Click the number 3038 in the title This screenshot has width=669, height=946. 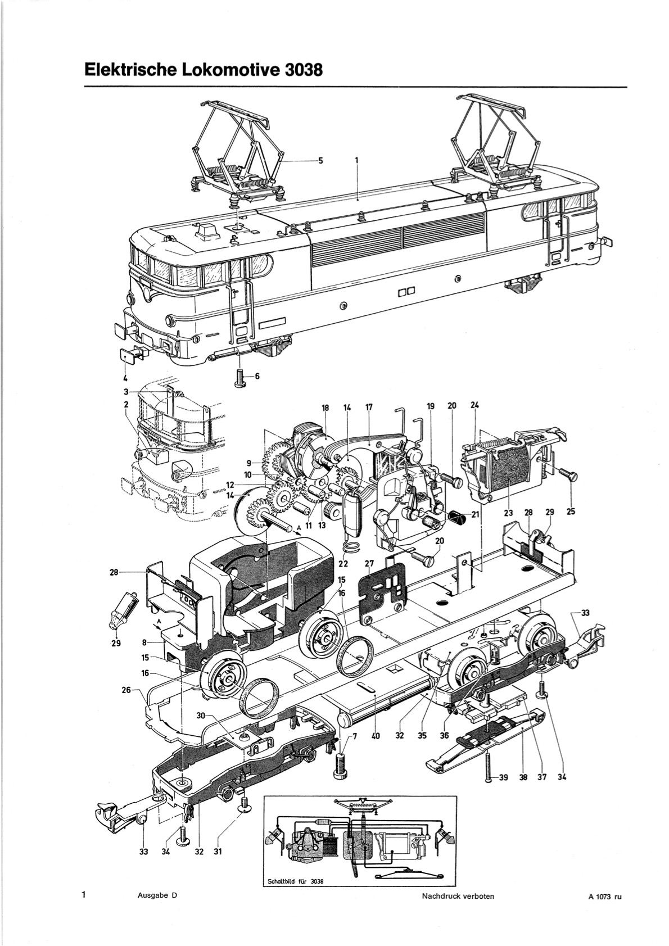[298, 69]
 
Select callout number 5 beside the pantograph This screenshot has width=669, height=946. [320, 161]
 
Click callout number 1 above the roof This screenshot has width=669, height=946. [357, 161]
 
